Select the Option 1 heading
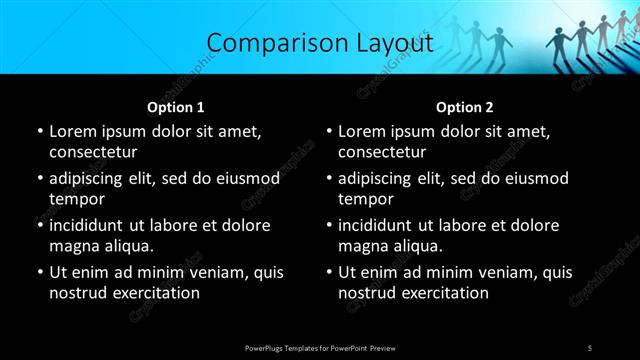coord(176,107)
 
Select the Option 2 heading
coord(465,107)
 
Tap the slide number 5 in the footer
coord(590,347)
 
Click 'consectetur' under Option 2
coord(382,152)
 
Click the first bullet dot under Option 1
coord(39,131)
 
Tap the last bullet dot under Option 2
coord(328,272)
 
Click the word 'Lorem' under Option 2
coord(363,131)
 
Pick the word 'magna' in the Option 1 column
coord(74,246)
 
